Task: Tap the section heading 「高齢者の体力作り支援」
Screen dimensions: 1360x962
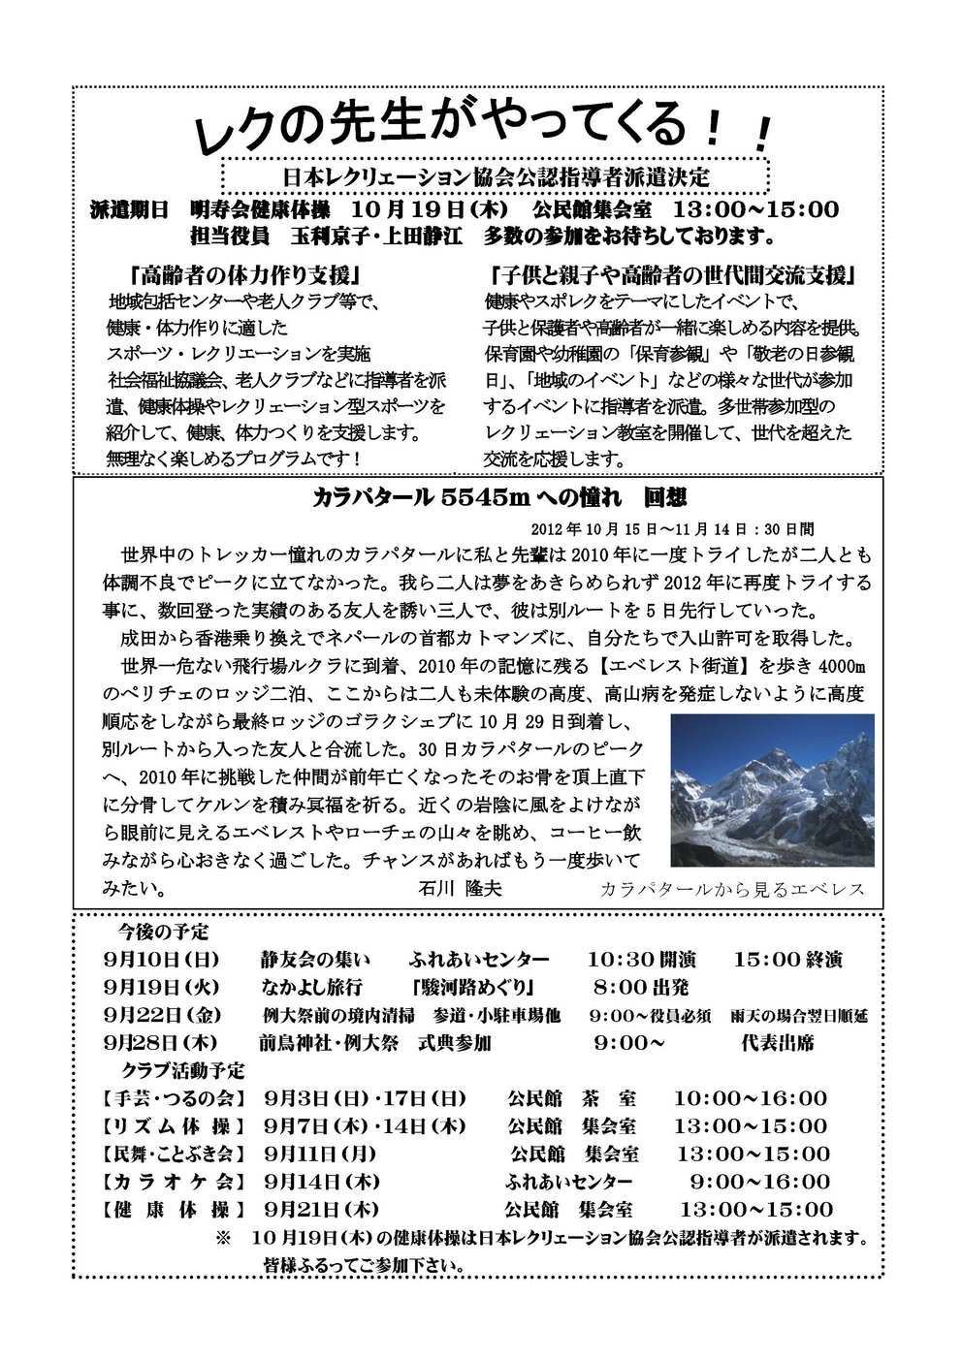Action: pyautogui.click(x=248, y=273)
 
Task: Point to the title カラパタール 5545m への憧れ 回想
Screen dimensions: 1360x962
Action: pyautogui.click(x=499, y=497)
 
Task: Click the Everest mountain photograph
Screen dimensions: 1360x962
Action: pyautogui.click(x=772, y=790)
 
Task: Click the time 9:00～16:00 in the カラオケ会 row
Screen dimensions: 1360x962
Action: pyautogui.click(x=759, y=1182)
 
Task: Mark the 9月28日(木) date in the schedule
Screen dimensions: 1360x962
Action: pyautogui.click(x=163, y=1043)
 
